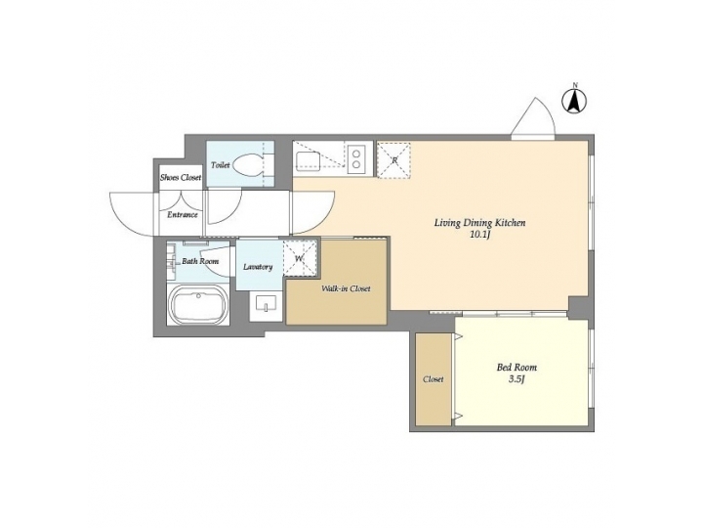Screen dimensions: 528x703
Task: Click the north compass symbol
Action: pos(576,99)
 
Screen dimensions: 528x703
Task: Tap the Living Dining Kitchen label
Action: pos(479,223)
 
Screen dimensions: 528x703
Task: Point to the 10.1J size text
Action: pos(479,236)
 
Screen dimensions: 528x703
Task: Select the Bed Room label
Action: pos(517,368)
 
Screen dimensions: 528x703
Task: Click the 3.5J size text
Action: pos(517,379)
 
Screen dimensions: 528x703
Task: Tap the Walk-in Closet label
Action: pos(346,288)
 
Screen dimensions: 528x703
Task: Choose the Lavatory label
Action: pos(258,266)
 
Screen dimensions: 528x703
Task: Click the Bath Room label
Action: pos(200,262)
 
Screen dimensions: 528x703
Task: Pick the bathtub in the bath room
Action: pos(199,307)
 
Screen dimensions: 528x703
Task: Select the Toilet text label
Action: pos(220,166)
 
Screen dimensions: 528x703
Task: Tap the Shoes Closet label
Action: pos(181,177)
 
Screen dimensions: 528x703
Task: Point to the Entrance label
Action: pos(183,214)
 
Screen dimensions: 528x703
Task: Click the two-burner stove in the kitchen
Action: pos(356,157)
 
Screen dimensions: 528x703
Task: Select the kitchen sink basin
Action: pos(311,159)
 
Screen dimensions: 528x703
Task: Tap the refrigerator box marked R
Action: pos(393,159)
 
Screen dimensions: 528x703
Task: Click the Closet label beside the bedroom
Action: pos(433,379)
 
